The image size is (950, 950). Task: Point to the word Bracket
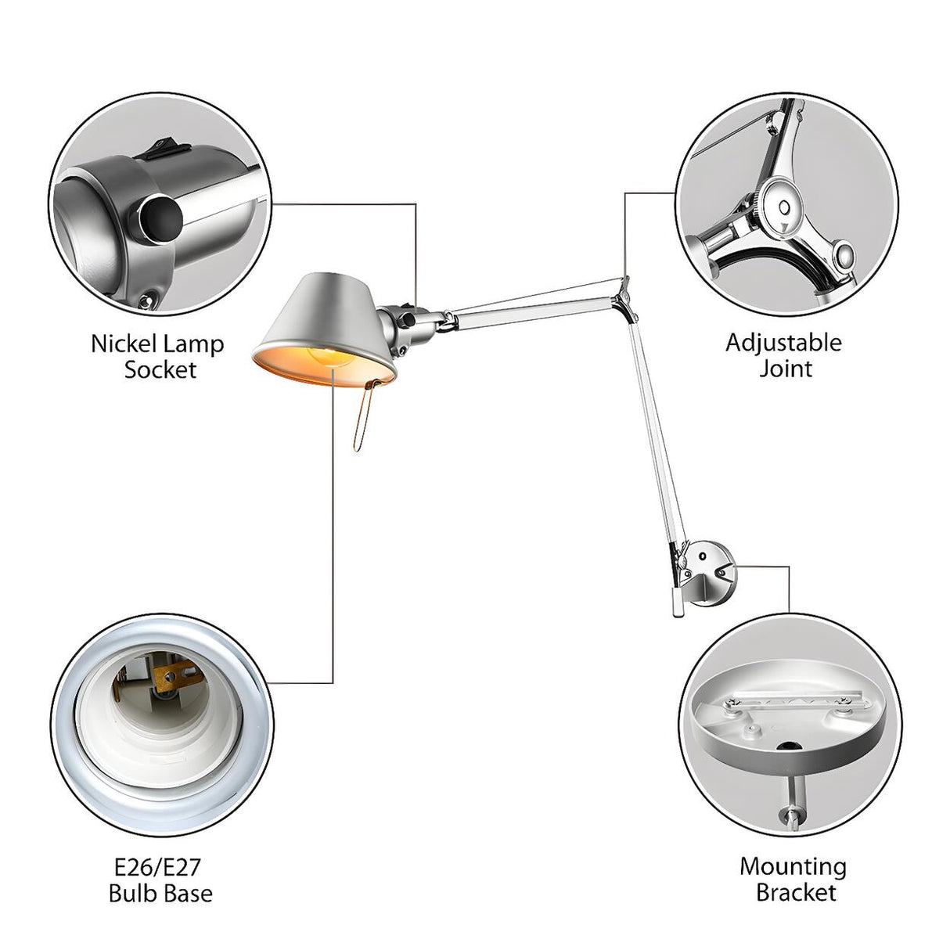click(796, 906)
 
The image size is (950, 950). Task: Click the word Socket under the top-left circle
click(160, 370)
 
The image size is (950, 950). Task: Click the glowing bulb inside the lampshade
click(331, 356)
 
